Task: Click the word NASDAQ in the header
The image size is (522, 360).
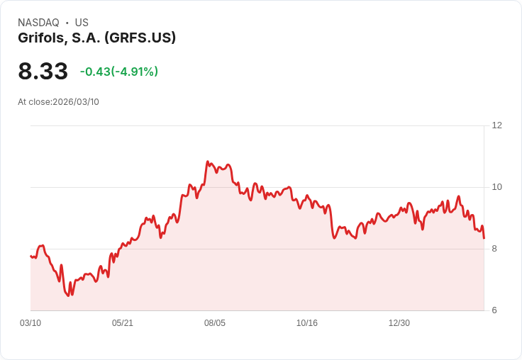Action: click(x=38, y=23)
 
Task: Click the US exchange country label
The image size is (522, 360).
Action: click(x=82, y=23)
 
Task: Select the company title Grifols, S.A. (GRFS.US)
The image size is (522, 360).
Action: click(x=96, y=38)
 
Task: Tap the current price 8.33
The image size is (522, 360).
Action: click(x=43, y=72)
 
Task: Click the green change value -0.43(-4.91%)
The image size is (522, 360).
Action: click(x=119, y=72)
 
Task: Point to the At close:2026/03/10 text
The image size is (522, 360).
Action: click(x=58, y=102)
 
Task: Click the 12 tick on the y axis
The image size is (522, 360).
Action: click(x=496, y=125)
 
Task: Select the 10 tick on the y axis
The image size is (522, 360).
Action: click(x=496, y=187)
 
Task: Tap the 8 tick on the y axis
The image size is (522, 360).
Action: click(x=494, y=249)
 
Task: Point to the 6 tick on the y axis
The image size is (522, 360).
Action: click(x=494, y=310)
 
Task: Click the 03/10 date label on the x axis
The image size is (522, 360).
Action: click(x=30, y=323)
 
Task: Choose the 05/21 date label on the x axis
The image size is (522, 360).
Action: click(x=123, y=323)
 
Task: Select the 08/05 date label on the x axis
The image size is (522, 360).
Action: click(x=215, y=323)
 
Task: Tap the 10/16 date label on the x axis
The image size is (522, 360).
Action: click(x=307, y=323)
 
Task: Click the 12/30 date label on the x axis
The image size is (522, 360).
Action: click(x=399, y=323)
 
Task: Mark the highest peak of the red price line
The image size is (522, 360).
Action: click(x=208, y=162)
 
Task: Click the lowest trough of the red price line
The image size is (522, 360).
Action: click(x=68, y=296)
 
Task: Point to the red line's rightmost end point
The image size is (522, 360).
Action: click(x=484, y=238)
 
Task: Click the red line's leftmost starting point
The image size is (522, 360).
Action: click(x=30, y=256)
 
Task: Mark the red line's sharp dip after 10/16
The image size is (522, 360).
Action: click(x=334, y=238)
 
